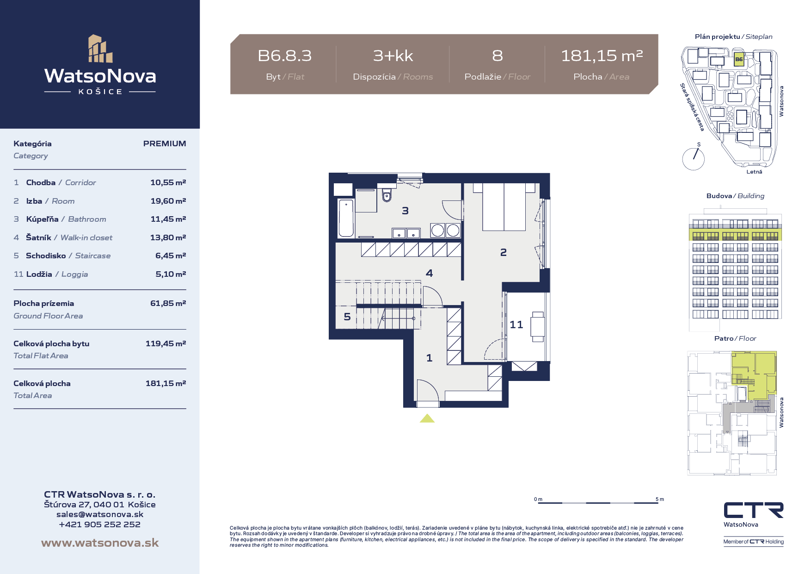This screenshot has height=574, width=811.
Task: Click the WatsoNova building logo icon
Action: point(100,48)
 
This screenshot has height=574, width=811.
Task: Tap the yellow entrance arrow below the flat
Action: point(427,418)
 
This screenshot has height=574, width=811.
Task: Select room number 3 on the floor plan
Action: point(405,211)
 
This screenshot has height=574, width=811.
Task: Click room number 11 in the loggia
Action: point(516,324)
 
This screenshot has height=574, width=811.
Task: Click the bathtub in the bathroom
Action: point(346,218)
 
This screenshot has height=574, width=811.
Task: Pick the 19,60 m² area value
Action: point(168,201)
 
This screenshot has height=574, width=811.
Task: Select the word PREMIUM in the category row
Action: point(165,143)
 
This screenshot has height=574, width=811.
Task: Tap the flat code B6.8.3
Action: point(285,56)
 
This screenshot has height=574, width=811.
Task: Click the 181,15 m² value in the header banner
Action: point(602,56)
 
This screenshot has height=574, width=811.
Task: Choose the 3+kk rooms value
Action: point(393,56)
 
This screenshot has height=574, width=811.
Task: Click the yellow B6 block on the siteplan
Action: point(739,60)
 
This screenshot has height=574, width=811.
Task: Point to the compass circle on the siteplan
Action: point(694,159)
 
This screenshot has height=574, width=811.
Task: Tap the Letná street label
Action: point(754,172)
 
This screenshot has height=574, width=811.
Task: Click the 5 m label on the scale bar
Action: point(660,499)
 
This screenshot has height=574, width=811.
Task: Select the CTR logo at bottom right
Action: point(754,510)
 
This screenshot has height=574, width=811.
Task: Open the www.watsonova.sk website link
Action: point(100,543)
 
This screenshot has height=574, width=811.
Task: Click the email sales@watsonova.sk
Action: point(100,514)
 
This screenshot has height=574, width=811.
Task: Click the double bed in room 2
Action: point(504,207)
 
